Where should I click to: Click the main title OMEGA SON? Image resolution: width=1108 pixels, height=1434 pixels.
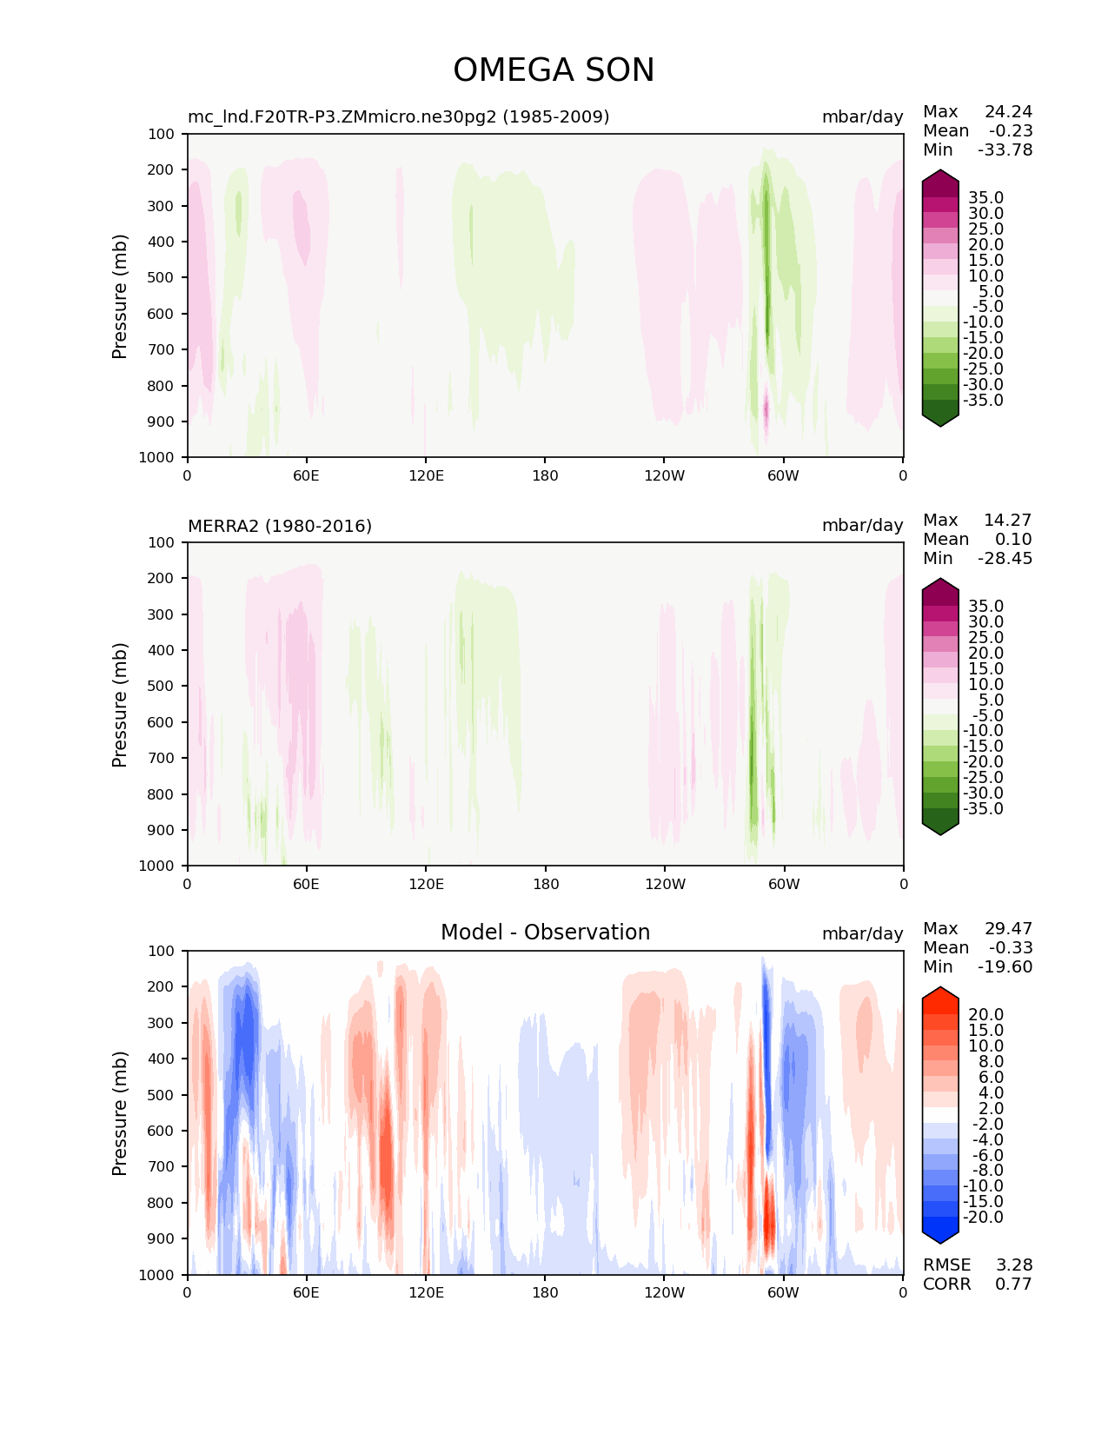(x=554, y=70)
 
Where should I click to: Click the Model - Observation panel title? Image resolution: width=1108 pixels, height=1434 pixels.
(x=545, y=933)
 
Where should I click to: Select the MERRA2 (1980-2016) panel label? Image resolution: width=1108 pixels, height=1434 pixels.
(x=280, y=526)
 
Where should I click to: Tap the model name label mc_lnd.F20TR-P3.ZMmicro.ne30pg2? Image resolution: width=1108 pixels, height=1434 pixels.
(x=398, y=116)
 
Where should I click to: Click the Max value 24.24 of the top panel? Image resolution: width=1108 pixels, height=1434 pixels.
(x=1008, y=111)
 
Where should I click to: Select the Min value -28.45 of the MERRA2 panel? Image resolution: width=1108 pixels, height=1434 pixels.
(x=1005, y=558)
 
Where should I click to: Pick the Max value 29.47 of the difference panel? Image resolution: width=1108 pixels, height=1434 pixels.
(x=1008, y=928)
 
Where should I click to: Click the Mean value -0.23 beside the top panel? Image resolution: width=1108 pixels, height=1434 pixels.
(x=1011, y=130)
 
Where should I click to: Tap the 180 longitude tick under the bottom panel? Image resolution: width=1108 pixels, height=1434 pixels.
(x=545, y=1292)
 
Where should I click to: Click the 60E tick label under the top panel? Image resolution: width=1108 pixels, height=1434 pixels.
(x=306, y=475)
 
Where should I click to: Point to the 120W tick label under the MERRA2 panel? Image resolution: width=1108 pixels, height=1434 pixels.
(x=664, y=884)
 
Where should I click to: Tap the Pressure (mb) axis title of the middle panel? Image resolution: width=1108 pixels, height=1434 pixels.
(x=120, y=704)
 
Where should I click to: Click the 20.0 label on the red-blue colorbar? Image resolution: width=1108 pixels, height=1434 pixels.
(x=985, y=1014)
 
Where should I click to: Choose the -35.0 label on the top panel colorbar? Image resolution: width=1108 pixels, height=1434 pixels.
(x=983, y=400)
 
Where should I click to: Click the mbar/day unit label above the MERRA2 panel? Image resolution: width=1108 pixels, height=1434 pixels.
(x=862, y=526)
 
